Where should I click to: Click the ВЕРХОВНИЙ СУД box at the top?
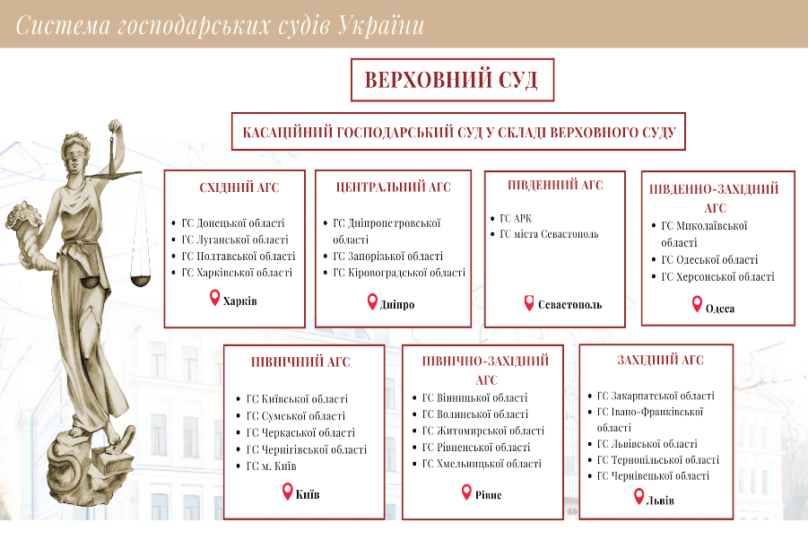tap(451, 80)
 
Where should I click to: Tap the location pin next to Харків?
tap(214, 298)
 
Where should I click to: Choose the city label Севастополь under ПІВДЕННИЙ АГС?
tap(569, 304)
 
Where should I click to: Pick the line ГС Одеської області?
tap(708, 259)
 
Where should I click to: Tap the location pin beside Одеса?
tap(697, 305)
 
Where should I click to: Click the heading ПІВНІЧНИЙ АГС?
tap(300, 362)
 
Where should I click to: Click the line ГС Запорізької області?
tap(387, 257)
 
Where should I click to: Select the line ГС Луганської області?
tap(234, 240)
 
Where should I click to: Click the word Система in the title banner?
tap(61, 25)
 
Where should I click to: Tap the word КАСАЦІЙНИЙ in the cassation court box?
tap(285, 132)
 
